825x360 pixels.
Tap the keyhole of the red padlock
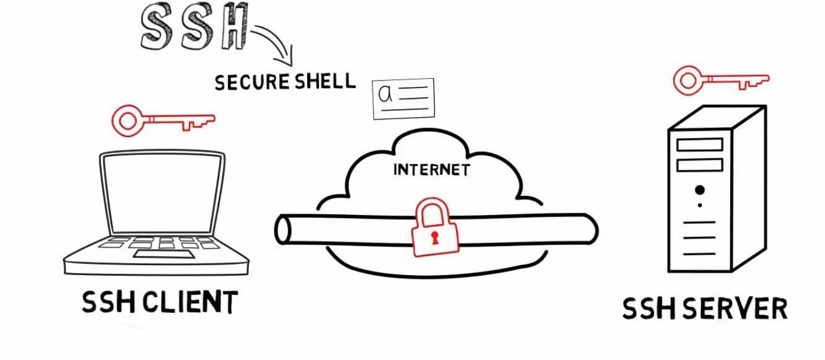(434, 238)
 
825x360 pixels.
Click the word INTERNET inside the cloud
(431, 169)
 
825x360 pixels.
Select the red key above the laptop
(162, 120)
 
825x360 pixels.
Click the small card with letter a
(403, 98)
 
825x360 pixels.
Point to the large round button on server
(700, 190)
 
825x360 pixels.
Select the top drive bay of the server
(700, 144)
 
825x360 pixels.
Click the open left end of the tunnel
(283, 229)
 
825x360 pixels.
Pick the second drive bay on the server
(700, 165)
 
